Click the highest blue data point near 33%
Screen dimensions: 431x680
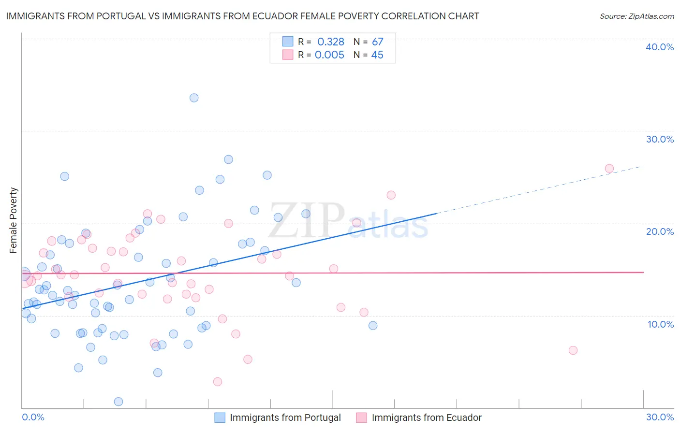coord(194,98)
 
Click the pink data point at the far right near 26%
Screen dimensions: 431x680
coord(609,169)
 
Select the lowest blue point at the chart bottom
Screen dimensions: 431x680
coord(118,402)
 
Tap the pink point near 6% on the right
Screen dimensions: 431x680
coord(573,350)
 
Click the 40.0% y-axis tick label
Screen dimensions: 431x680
coord(660,47)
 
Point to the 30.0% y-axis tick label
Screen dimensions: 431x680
coord(660,139)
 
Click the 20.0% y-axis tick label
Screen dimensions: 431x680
coord(660,231)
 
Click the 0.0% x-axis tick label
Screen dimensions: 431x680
coord(33,417)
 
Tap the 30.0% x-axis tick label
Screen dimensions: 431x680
coord(660,417)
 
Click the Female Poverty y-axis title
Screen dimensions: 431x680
coord(14,220)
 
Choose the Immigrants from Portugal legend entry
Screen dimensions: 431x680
coord(285,417)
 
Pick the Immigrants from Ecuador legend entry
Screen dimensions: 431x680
coord(426,417)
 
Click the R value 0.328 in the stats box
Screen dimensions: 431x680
coord(331,42)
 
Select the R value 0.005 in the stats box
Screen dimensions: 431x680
coord(329,55)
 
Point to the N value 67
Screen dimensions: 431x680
coord(377,42)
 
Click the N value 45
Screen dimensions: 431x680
coord(377,55)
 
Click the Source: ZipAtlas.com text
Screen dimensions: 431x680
coord(636,16)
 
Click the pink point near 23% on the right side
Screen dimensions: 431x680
coord(391,195)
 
